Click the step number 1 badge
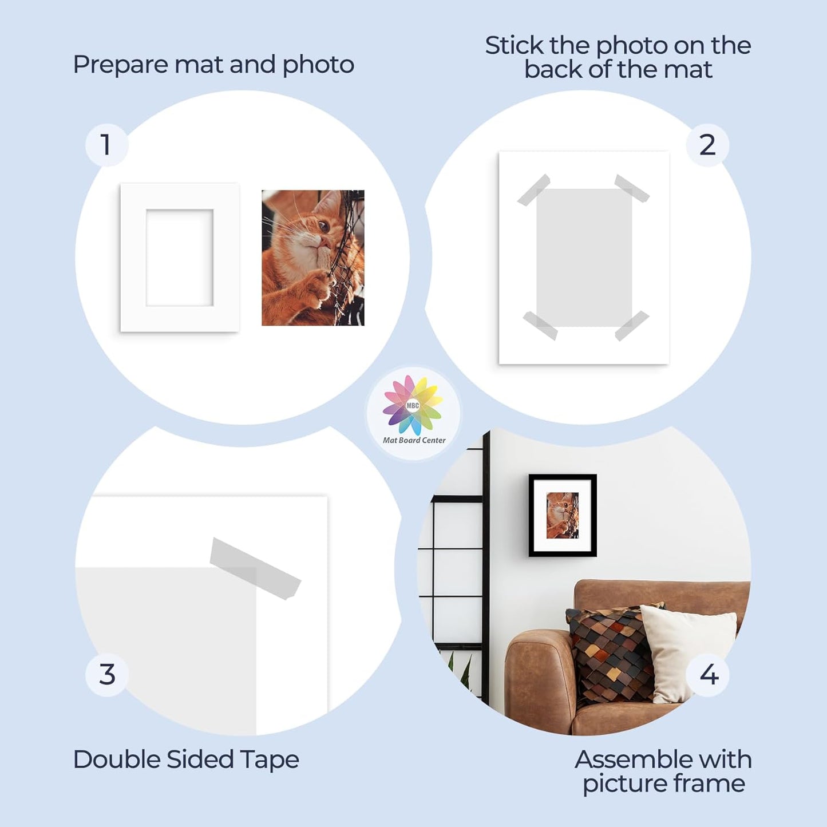pos(106,145)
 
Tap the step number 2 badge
pos(707,145)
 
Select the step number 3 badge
pos(107,675)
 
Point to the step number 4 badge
pos(709,675)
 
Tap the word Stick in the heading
pos(514,46)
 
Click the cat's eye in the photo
pos(323,226)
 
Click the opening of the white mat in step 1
pos(179,258)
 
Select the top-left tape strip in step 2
pos(533,189)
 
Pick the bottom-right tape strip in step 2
pos(632,326)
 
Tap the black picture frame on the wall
pos(563,515)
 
